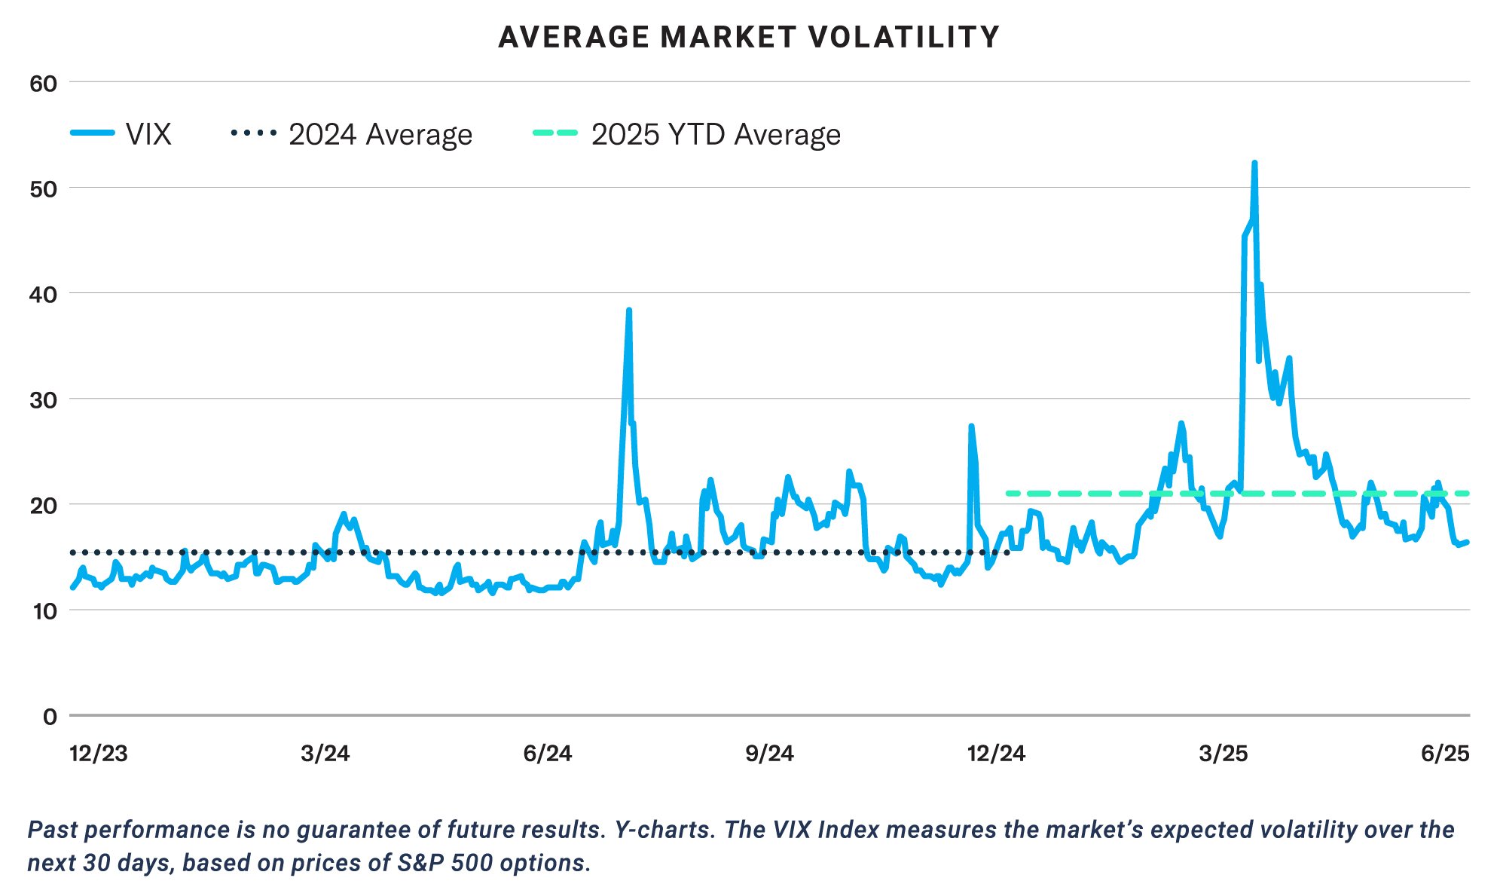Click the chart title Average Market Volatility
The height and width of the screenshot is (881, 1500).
click(x=749, y=37)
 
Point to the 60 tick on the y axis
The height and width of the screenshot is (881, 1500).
click(x=44, y=84)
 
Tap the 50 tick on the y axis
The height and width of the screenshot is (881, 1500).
click(x=44, y=189)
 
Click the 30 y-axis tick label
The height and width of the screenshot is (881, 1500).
click(x=44, y=400)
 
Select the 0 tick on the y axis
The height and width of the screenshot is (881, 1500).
click(x=50, y=717)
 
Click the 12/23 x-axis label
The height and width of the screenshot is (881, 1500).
click(x=99, y=754)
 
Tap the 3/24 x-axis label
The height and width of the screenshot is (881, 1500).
click(x=325, y=754)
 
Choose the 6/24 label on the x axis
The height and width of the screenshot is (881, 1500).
click(x=548, y=754)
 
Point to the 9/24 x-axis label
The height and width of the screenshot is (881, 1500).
click(x=769, y=754)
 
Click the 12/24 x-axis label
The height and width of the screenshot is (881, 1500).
click(x=996, y=754)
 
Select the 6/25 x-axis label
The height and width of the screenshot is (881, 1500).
click(x=1445, y=754)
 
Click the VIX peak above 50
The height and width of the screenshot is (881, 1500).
click(x=1254, y=163)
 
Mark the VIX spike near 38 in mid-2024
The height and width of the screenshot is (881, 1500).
click(x=628, y=310)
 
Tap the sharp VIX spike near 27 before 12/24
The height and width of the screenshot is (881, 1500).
click(x=971, y=427)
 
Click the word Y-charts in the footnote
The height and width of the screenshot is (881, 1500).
click(x=664, y=830)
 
